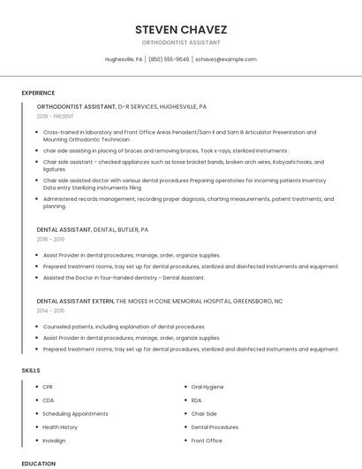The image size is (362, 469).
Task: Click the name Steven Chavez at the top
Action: click(x=181, y=29)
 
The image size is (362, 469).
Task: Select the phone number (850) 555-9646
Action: click(x=169, y=59)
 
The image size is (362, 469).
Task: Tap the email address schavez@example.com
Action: click(x=226, y=59)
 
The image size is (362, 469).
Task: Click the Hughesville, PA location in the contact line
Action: click(x=124, y=59)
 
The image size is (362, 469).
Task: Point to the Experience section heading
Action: click(x=38, y=93)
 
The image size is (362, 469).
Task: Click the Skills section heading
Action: click(x=31, y=370)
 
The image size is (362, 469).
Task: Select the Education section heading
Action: click(x=38, y=463)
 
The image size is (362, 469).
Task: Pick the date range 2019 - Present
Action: click(x=56, y=116)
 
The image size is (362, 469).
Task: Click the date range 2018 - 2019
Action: click(x=51, y=239)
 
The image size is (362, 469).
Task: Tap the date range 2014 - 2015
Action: click(x=51, y=311)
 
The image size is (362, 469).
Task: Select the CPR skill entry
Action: click(x=48, y=387)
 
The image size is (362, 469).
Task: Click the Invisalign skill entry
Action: click(x=54, y=440)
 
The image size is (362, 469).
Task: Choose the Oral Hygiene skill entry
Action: click(x=207, y=387)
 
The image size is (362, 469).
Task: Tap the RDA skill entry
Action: click(x=197, y=400)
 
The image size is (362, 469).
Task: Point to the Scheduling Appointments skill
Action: click(x=75, y=413)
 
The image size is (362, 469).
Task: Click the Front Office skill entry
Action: click(x=207, y=440)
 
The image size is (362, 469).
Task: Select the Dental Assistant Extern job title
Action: click(x=75, y=301)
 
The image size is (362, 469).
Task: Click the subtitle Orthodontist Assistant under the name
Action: click(x=181, y=42)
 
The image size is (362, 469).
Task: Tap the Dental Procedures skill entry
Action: click(x=215, y=427)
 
